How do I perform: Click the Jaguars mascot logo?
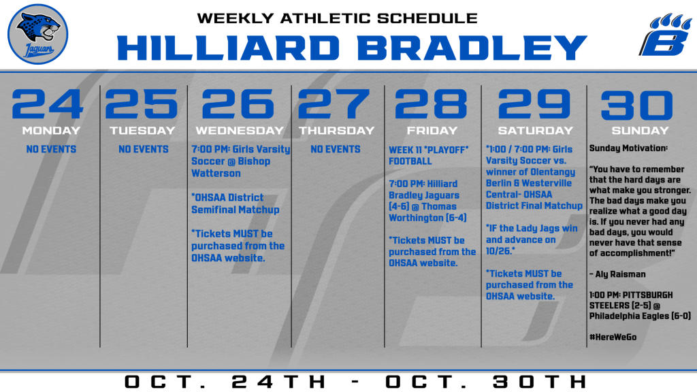38,34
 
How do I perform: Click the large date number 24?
48,104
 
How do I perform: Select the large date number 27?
334,104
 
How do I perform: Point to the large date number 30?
637,105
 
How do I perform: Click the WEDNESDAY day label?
240,131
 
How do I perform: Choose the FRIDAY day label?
432,131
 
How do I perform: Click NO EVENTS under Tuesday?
144,149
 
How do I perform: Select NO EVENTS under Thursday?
336,149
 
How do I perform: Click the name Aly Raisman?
621,274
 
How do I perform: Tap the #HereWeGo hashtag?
613,337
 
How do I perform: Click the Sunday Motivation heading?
628,148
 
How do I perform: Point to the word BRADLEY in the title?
472,48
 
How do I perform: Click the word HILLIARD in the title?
228,48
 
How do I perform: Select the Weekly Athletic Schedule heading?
338,18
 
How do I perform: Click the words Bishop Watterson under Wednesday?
231,167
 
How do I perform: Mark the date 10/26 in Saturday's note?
498,251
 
